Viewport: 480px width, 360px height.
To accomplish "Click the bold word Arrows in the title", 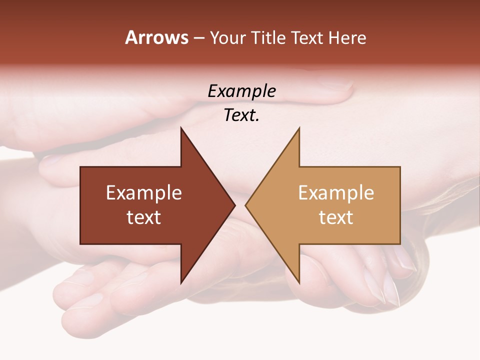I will tap(157, 37).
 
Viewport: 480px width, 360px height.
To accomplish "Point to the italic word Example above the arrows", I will tap(241, 91).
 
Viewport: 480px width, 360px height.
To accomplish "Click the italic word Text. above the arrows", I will tap(241, 115).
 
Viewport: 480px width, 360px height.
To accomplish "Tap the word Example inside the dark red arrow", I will tap(144, 193).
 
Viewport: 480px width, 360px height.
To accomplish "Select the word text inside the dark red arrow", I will tap(144, 217).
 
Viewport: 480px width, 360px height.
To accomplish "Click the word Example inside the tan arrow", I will tap(336, 193).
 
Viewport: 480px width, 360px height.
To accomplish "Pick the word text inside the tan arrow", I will tap(336, 217).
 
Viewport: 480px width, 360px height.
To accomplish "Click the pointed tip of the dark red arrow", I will tap(234, 205).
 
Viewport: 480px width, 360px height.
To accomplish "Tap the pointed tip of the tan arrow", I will tap(246, 205).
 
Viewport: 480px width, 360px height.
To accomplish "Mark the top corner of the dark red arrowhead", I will tap(181, 128).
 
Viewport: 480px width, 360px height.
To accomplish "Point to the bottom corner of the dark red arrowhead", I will tap(181, 282).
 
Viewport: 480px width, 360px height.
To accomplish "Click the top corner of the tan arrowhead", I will tap(299, 128).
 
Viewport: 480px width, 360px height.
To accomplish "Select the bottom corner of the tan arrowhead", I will tap(299, 282).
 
